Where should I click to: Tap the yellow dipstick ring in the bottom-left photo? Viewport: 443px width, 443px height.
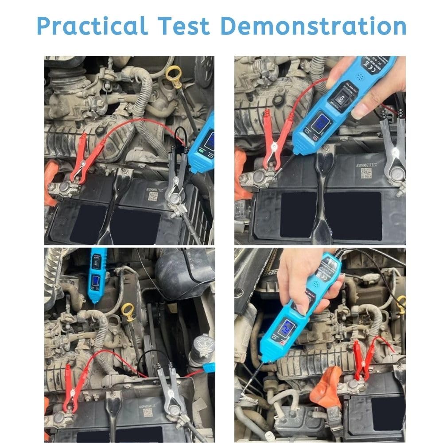(x=128, y=310)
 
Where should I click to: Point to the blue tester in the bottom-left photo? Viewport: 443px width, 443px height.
(x=96, y=275)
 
